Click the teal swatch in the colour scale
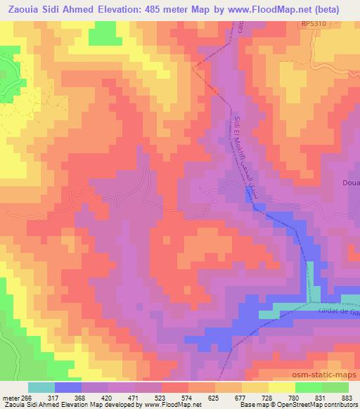pos(41,387)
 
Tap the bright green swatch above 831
pos(308,387)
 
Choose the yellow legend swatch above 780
pos(281,387)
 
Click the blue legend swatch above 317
pos(68,387)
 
